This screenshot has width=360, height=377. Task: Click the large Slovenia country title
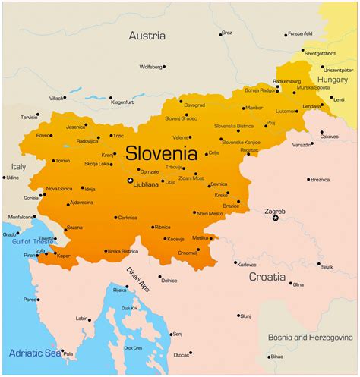click(x=160, y=152)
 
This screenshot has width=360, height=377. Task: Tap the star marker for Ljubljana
click(x=130, y=180)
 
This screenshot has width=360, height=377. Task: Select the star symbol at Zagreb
click(x=276, y=218)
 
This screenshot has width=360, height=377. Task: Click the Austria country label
click(x=147, y=36)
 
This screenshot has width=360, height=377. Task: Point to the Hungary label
click(x=333, y=78)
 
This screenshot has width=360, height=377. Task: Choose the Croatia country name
click(x=267, y=277)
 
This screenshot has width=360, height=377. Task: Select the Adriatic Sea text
click(x=33, y=353)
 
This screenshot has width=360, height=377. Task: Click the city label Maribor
click(x=254, y=108)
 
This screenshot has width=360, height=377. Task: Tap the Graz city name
click(x=228, y=33)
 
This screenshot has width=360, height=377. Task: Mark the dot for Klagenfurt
click(x=111, y=98)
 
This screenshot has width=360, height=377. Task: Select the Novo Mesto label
click(x=210, y=213)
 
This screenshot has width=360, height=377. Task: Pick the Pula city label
click(x=68, y=354)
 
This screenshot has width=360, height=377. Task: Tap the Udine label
click(x=12, y=178)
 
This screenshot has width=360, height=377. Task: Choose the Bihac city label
click(x=277, y=356)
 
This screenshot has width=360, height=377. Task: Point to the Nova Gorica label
click(x=59, y=188)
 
